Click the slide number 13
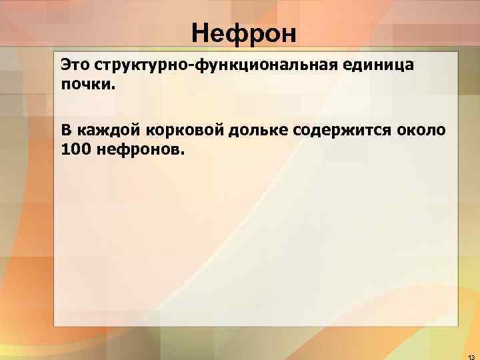click(x=470, y=355)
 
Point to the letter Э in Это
click(x=65, y=65)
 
